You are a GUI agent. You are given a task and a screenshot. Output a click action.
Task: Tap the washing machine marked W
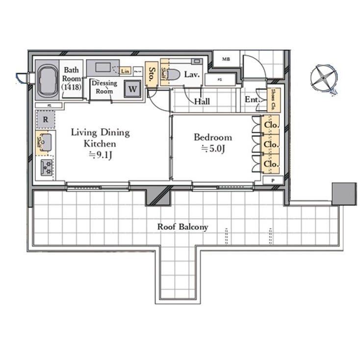pos(132,89)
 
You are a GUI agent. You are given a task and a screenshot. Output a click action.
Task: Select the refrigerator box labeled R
pos(45,119)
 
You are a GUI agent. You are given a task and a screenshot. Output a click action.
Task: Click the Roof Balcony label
pos(182,227)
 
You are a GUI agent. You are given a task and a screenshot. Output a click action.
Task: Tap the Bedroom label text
pos(212,137)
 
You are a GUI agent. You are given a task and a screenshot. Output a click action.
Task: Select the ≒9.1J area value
pos(101,155)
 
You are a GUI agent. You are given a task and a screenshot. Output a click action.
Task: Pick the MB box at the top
pos(226,59)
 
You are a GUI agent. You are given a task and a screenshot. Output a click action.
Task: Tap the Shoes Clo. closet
pos(272,101)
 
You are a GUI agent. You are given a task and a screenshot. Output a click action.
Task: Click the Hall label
pos(202,102)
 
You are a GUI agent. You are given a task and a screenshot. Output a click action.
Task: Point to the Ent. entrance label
pos(252,100)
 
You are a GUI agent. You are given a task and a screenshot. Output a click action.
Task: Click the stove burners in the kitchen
pos(47,167)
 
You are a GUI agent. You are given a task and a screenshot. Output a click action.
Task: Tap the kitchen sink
pos(47,142)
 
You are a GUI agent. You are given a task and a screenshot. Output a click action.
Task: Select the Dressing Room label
pos(104,87)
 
